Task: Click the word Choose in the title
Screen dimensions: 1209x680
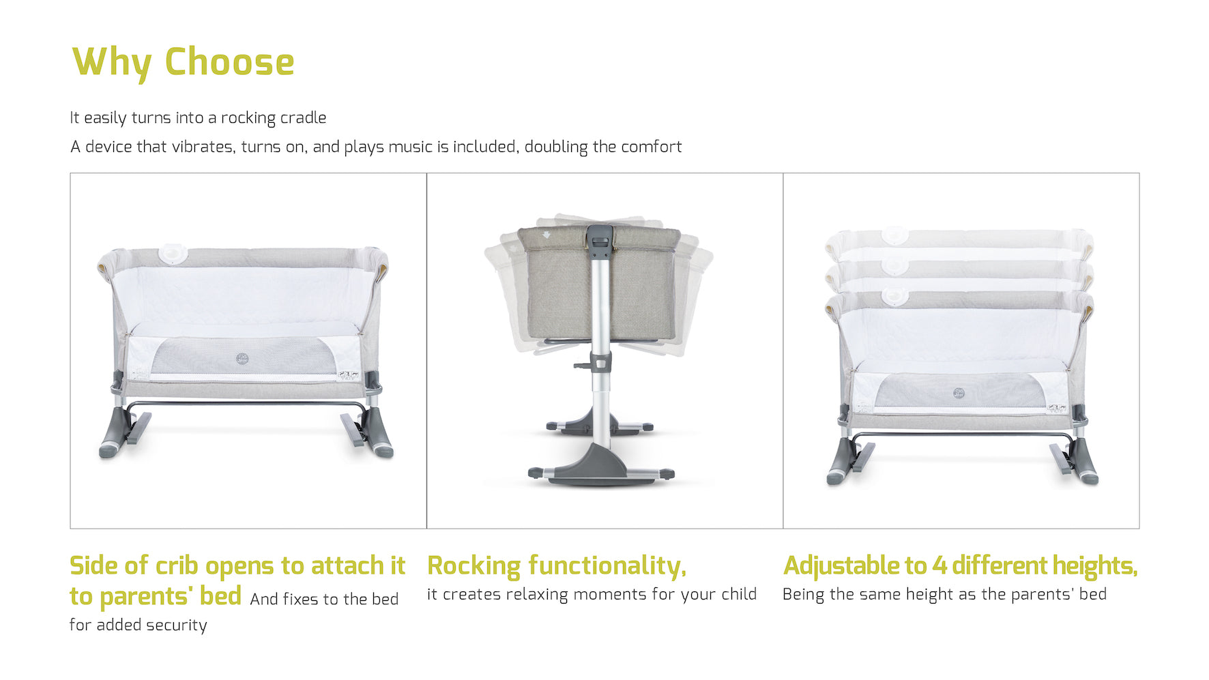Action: (229, 62)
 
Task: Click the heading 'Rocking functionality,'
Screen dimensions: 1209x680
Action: (557, 566)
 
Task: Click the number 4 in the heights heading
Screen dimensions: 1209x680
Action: (939, 566)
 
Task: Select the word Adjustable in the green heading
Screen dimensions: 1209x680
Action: (842, 566)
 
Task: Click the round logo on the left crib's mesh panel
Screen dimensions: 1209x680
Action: (242, 359)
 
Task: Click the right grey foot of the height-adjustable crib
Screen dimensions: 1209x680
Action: (1085, 462)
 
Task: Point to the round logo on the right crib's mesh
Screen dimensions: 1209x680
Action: (959, 394)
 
